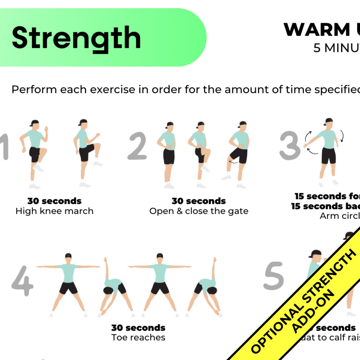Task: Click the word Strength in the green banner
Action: [76, 38]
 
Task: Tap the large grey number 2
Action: [138, 146]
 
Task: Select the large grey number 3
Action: [290, 146]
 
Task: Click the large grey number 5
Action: [274, 276]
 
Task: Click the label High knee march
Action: [54, 211]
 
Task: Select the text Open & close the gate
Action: [199, 211]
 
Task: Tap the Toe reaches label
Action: [138, 337]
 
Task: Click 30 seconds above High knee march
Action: [54, 201]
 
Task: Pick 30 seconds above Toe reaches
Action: [138, 328]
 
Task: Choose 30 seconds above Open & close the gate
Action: [199, 201]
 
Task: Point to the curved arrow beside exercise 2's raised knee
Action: [234, 162]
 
